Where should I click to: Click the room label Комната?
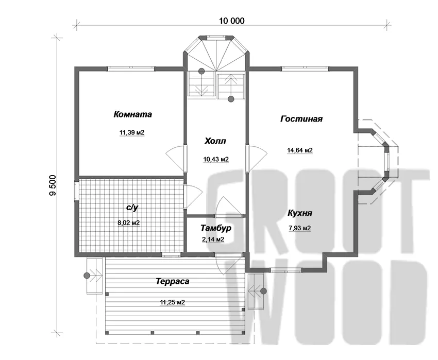coord(132,114)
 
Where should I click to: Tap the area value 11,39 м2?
coord(132,132)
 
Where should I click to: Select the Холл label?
coord(215,141)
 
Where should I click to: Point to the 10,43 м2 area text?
coord(216,159)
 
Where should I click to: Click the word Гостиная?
coord(301,118)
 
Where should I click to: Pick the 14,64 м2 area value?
coord(300,150)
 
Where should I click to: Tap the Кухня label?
coord(300,213)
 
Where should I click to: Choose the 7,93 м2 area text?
coord(300,228)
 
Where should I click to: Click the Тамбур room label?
coord(216,228)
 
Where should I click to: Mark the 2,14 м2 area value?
coord(213,239)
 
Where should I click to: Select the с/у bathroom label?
coord(132,208)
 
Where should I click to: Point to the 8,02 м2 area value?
coord(128,223)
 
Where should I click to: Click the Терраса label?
coord(172,281)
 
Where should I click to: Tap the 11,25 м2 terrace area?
coord(172,302)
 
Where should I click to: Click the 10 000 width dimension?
coord(231,21)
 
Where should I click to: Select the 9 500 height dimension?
coord(53,185)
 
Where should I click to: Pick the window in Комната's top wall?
coord(131,68)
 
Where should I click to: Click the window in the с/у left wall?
coord(77,191)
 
